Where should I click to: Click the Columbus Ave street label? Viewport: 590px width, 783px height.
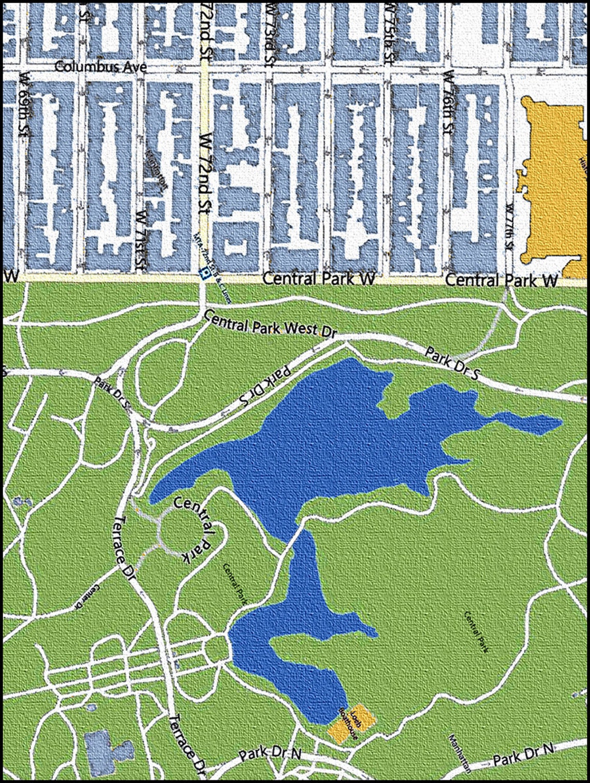click(100, 67)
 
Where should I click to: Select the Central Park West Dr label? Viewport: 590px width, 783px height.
click(271, 324)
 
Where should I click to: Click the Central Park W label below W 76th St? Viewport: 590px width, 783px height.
click(501, 280)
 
